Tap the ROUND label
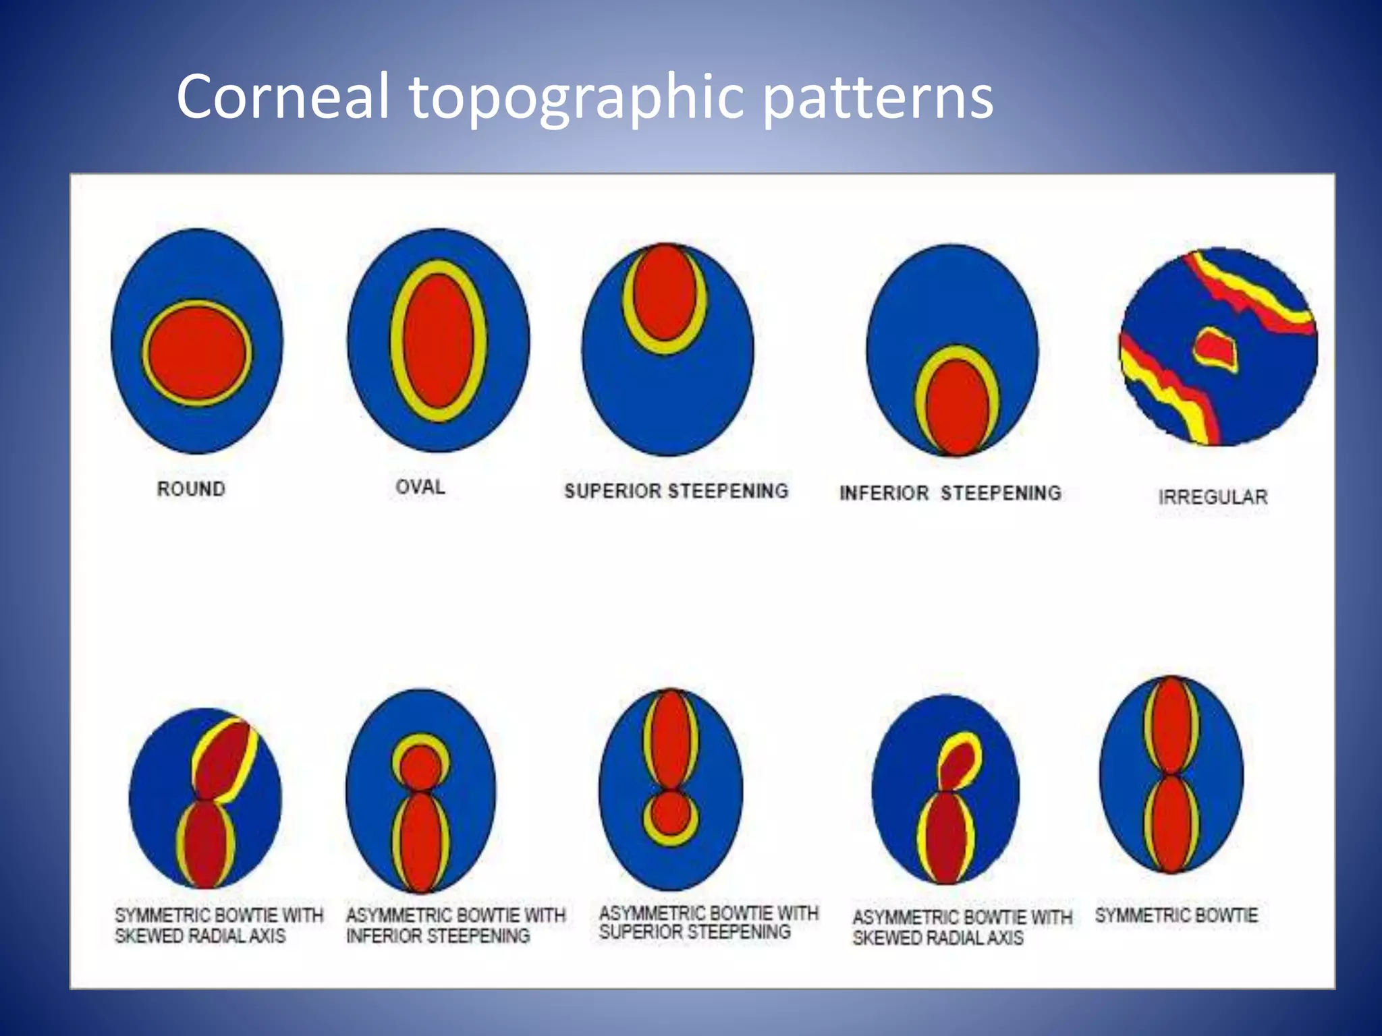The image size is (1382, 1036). point(191,488)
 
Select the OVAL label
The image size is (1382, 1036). point(420,486)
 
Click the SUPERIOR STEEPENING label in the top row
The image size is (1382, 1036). point(676,490)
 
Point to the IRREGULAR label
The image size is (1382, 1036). point(1213,497)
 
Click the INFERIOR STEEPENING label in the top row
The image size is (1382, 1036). point(950,493)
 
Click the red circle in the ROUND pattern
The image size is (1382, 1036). point(197,353)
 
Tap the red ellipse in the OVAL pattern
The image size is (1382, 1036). point(438,341)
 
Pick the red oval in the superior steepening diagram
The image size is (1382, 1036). point(665,292)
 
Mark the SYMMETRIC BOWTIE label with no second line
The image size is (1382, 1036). point(1176,915)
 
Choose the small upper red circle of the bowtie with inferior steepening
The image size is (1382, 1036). point(420,767)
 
